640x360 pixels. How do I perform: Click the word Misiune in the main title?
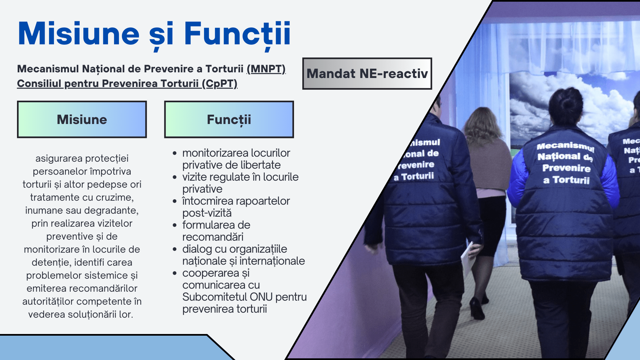(79, 33)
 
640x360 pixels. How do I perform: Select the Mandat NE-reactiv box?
(367, 74)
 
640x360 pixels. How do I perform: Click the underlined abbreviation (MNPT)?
(266, 69)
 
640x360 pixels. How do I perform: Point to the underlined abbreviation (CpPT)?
(220, 83)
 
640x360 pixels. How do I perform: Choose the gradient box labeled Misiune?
(82, 119)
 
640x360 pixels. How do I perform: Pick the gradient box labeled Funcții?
(229, 119)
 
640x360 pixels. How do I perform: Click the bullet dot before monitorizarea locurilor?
(175, 153)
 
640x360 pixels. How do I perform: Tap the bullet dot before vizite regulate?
(175, 177)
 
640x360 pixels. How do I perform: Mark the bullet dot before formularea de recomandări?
(175, 225)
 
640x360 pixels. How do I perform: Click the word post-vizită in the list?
(207, 213)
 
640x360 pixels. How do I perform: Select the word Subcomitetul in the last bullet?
(214, 297)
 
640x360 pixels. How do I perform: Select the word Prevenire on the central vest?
(566, 168)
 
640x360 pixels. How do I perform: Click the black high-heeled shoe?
(477, 308)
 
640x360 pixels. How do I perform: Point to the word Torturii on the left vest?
(417, 176)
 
